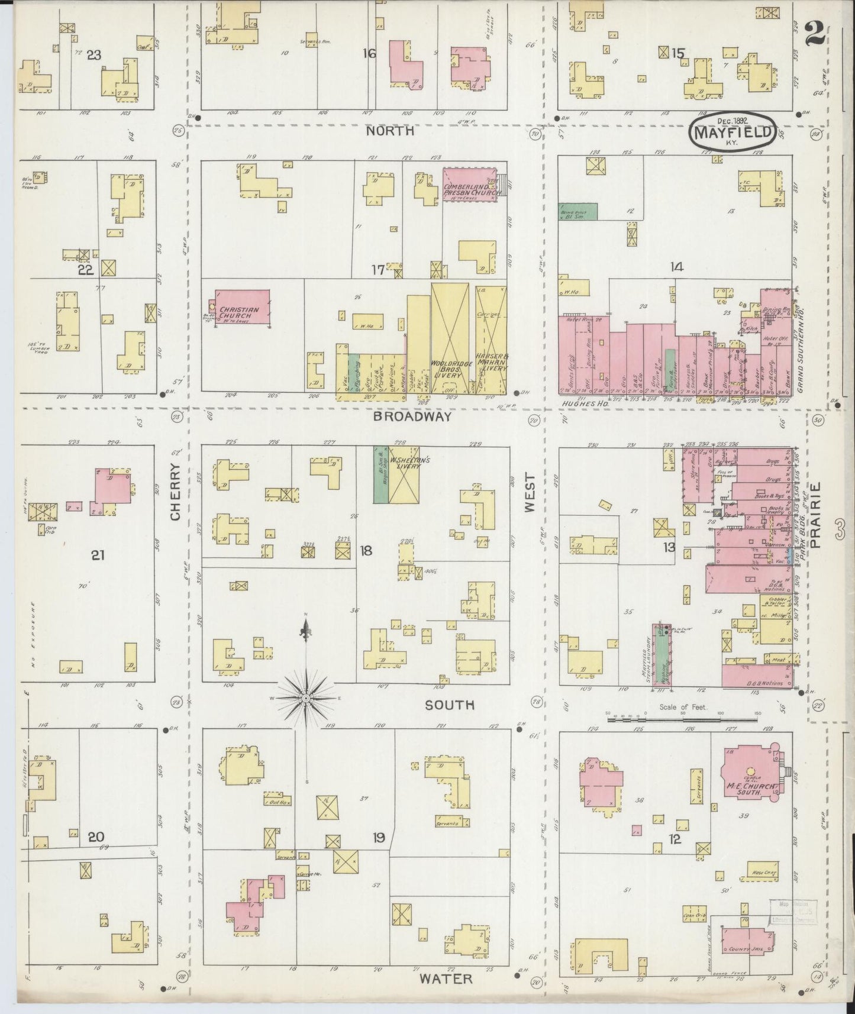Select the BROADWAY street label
(412, 416)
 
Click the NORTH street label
(389, 131)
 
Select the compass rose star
(306, 698)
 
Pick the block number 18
(366, 551)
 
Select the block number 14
(676, 267)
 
